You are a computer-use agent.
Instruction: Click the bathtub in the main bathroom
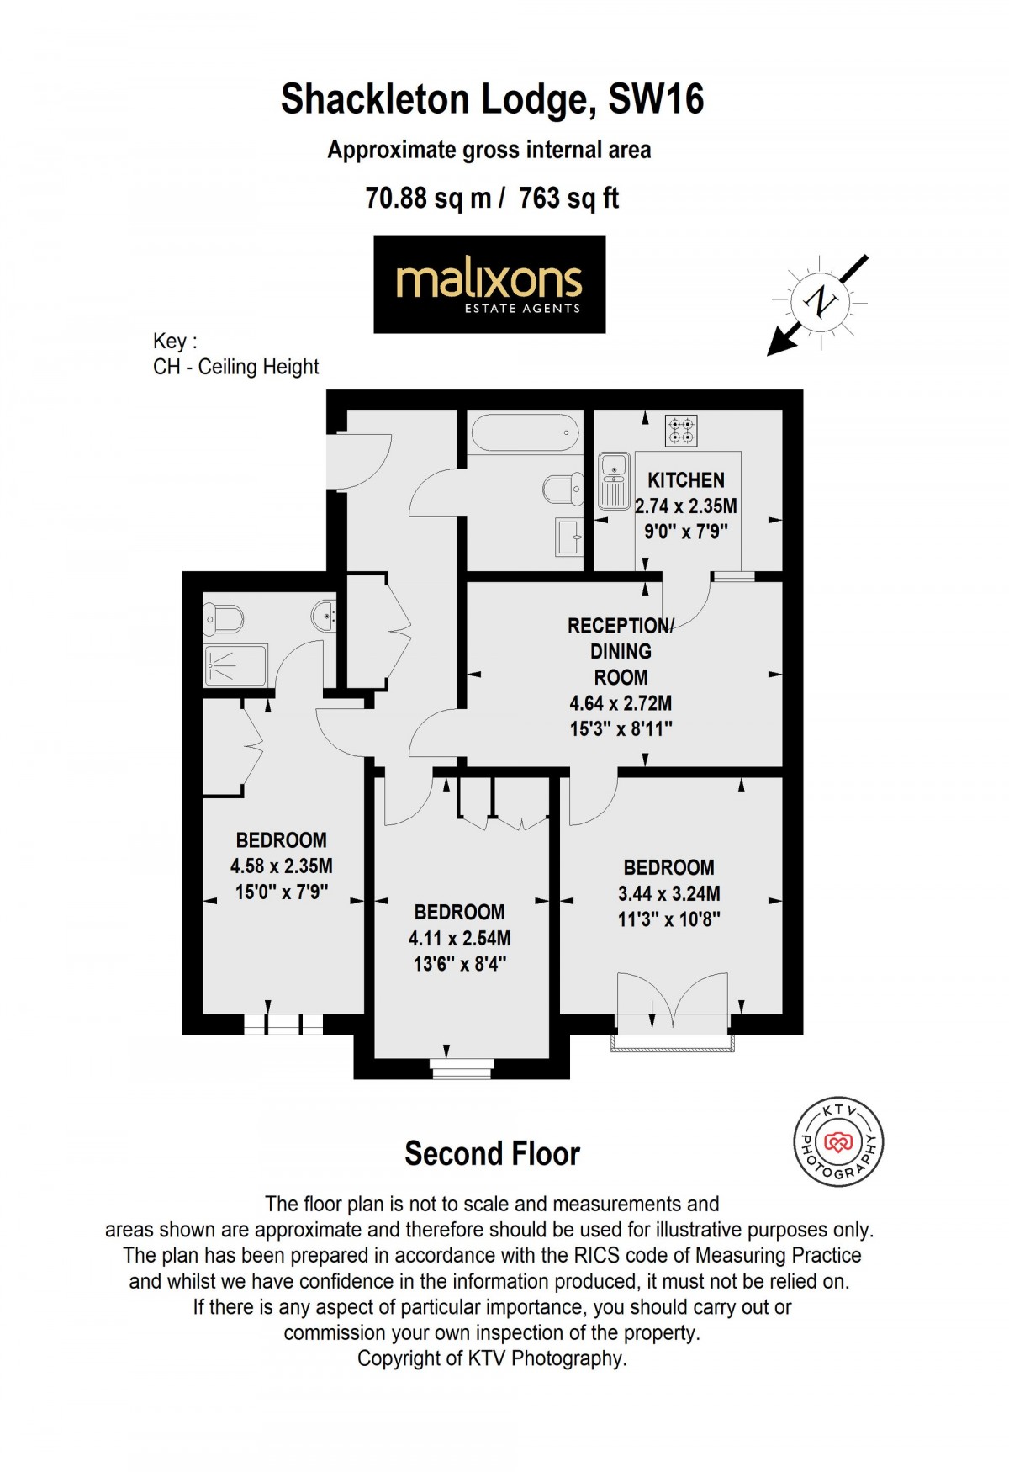pyautogui.click(x=526, y=434)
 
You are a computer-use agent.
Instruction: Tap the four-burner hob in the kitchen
pyautogui.click(x=682, y=431)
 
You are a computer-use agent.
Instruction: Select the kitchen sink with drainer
pyautogui.click(x=614, y=480)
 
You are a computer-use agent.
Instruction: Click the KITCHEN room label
pyautogui.click(x=685, y=480)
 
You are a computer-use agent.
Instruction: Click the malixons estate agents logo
pyautogui.click(x=489, y=284)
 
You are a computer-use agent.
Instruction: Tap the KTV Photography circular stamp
pyautogui.click(x=838, y=1141)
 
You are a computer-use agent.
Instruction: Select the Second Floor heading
pyautogui.click(x=492, y=1153)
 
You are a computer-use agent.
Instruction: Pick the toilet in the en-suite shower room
pyautogui.click(x=223, y=620)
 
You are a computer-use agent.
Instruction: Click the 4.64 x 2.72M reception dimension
pyautogui.click(x=621, y=703)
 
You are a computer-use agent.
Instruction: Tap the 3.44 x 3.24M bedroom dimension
pyautogui.click(x=668, y=893)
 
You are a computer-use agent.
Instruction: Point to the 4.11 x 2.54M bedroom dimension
pyautogui.click(x=459, y=938)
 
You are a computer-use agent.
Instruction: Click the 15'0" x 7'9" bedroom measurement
pyautogui.click(x=281, y=892)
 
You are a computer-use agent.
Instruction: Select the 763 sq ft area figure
pyautogui.click(x=568, y=199)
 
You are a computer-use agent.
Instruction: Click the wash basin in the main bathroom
pyautogui.click(x=569, y=536)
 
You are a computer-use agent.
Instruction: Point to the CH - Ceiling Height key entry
pyautogui.click(x=235, y=367)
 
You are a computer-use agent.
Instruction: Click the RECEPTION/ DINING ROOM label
pyautogui.click(x=621, y=651)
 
